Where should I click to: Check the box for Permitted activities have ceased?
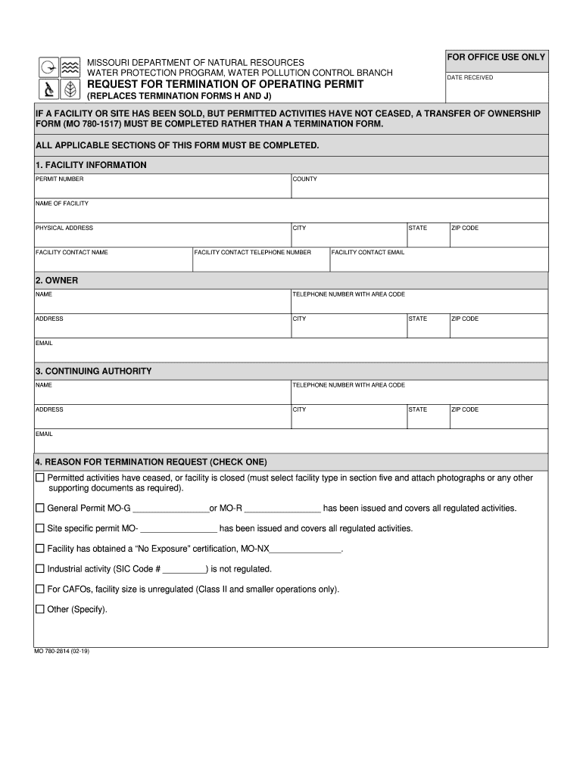[x=40, y=478]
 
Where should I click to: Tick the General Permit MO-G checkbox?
[x=40, y=508]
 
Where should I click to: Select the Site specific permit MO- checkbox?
[x=40, y=528]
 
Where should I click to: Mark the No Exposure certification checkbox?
[x=40, y=549]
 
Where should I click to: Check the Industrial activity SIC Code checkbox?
[x=40, y=569]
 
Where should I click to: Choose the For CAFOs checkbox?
[x=40, y=589]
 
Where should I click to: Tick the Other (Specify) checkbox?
[x=40, y=609]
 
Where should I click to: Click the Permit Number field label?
[x=60, y=179]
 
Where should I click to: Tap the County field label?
[x=305, y=179]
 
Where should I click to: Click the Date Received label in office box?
[x=469, y=78]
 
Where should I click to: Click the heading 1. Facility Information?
[x=91, y=165]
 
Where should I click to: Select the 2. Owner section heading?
[x=57, y=280]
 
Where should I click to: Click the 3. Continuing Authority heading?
[x=93, y=372]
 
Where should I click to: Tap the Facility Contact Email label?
[x=368, y=252]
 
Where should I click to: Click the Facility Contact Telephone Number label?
[x=253, y=252]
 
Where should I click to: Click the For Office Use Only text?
[x=496, y=58]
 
